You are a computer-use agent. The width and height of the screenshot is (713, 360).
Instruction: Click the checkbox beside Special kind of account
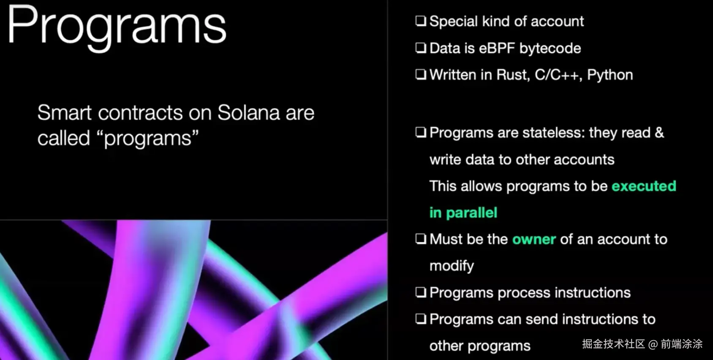tap(420, 21)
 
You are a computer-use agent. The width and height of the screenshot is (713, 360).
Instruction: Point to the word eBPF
tap(497, 49)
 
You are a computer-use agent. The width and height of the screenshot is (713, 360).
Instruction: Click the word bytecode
tap(550, 49)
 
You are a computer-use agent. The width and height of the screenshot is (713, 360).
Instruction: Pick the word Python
tap(610, 76)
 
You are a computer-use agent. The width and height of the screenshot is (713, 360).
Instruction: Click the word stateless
tap(553, 133)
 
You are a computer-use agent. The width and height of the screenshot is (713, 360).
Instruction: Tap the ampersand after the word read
tap(659, 133)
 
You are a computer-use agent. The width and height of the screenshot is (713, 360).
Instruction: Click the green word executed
tap(644, 186)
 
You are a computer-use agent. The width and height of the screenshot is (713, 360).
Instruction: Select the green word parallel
tap(471, 213)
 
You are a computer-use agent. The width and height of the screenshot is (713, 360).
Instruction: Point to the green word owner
tap(534, 240)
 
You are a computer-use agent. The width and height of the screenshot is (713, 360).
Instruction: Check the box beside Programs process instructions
tap(420, 292)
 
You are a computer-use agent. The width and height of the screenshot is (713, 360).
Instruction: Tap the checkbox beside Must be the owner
tap(420, 239)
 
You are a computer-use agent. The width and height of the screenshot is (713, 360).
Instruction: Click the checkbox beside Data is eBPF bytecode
tap(420, 48)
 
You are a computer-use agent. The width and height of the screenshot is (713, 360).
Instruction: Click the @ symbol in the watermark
tap(653, 344)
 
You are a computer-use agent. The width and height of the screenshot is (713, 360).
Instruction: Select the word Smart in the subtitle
tap(64, 113)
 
